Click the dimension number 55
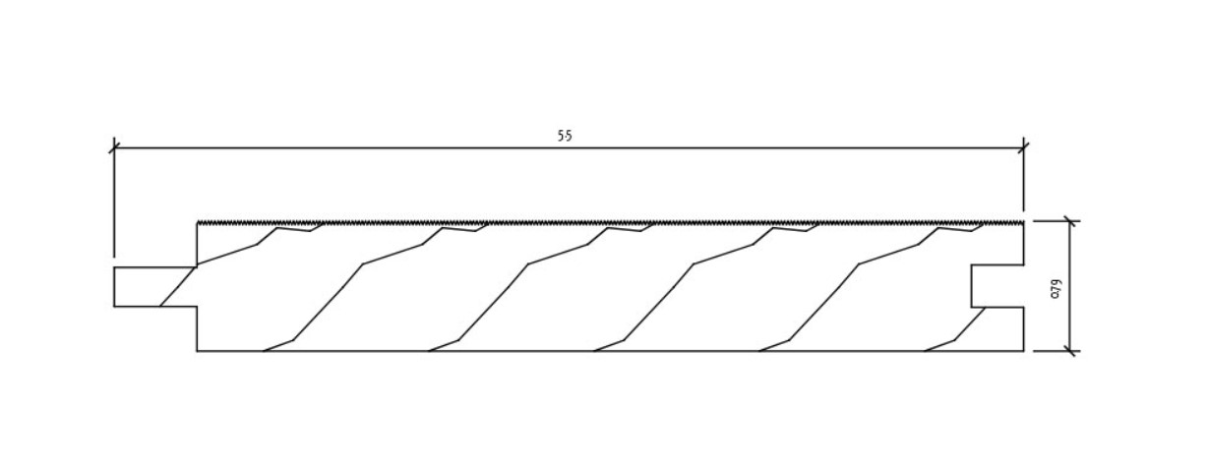[x=565, y=137]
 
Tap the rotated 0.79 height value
[x=1056, y=287]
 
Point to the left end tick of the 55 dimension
[x=114, y=148]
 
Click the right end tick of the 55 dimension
[x=1024, y=148]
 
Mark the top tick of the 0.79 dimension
[x=1069, y=221]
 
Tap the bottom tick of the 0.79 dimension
[x=1069, y=350]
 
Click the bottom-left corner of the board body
[x=197, y=350]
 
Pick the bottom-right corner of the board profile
[x=1024, y=350]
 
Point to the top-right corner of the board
[x=1024, y=222]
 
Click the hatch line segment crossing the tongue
[x=177, y=286]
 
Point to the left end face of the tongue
[x=114, y=286]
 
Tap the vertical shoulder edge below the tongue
[x=197, y=328]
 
